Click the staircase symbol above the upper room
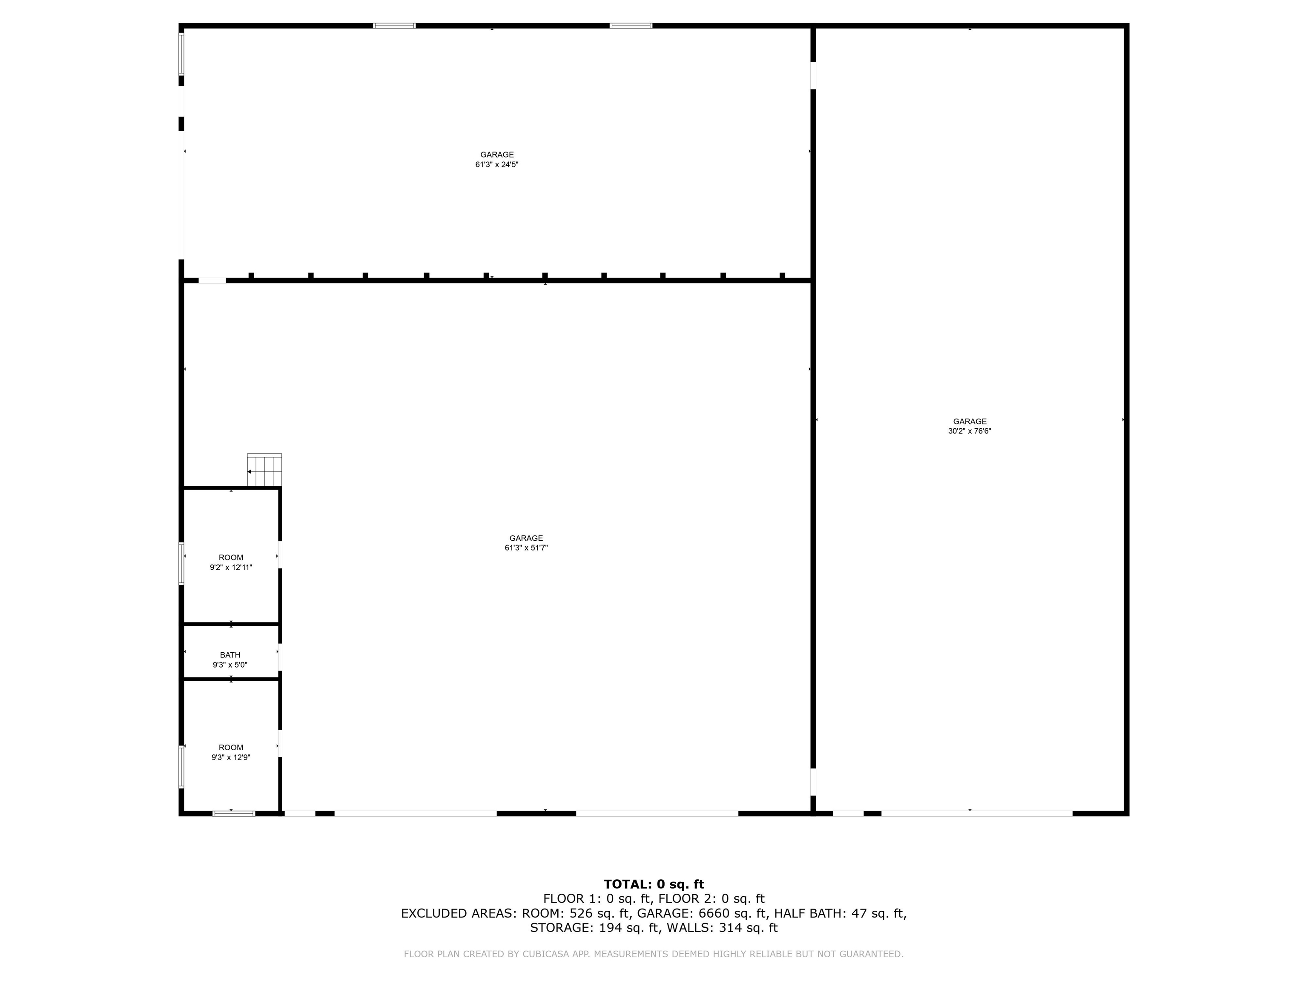pyautogui.click(x=264, y=470)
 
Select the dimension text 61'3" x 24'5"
pyautogui.click(x=497, y=164)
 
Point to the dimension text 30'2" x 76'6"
pyautogui.click(x=970, y=431)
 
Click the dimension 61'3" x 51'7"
pyautogui.click(x=526, y=548)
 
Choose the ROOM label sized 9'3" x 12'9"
pyautogui.click(x=231, y=747)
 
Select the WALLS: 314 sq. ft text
pyautogui.click(x=722, y=928)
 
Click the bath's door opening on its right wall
pyautogui.click(x=280, y=657)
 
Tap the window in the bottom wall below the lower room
pyautogui.click(x=234, y=814)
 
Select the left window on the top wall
pyautogui.click(x=394, y=26)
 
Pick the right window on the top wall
pyautogui.click(x=631, y=26)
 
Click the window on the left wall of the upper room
pyautogui.click(x=181, y=564)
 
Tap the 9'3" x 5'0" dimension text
pyautogui.click(x=230, y=665)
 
